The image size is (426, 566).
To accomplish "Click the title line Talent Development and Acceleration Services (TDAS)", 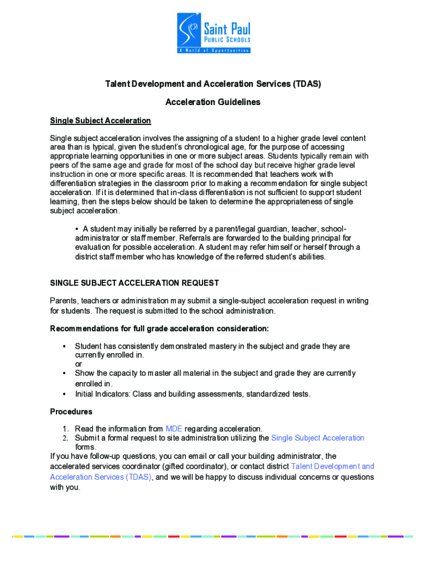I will pyautogui.click(x=213, y=84).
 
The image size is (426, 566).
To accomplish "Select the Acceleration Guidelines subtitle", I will pyautogui.click(x=213, y=102).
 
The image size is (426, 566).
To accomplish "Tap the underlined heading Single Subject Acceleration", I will pyautogui.click(x=100, y=120).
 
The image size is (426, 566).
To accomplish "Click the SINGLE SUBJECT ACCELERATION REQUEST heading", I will pyautogui.click(x=134, y=283).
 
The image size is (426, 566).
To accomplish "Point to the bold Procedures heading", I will pyautogui.click(x=71, y=412).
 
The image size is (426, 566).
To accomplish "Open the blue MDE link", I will pyautogui.click(x=173, y=429).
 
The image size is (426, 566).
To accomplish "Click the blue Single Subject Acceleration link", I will pyautogui.click(x=318, y=438).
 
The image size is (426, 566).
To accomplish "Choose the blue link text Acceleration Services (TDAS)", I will pyautogui.click(x=100, y=477).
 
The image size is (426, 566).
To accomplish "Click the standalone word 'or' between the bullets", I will pyautogui.click(x=79, y=364).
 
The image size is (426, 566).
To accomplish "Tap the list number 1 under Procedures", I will pyautogui.click(x=65, y=429).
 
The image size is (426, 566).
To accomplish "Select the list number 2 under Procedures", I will pyautogui.click(x=65, y=438).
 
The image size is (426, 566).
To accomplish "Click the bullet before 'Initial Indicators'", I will pyautogui.click(x=64, y=395).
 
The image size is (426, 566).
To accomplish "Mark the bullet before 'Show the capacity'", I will pyautogui.click(x=64, y=374).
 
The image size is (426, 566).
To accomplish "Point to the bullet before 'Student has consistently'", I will pyautogui.click(x=64, y=347).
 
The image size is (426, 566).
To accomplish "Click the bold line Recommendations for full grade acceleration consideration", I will pyautogui.click(x=159, y=329).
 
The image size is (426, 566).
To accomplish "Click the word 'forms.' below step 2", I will pyautogui.click(x=86, y=447).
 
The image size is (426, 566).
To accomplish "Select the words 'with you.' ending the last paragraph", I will pyautogui.click(x=65, y=488).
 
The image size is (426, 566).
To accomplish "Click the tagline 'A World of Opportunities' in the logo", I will pyautogui.click(x=214, y=50).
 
